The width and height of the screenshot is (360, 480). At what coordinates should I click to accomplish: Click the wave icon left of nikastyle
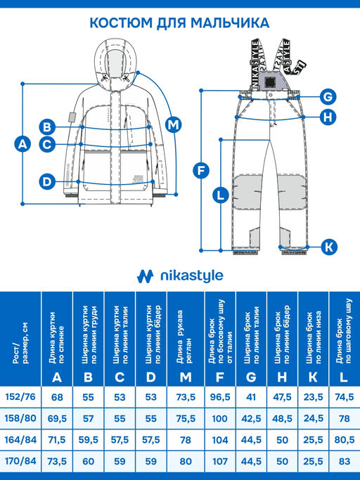[x=146, y=275]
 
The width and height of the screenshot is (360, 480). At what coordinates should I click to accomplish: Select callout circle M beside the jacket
[x=173, y=124]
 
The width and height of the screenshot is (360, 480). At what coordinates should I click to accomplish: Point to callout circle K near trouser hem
[x=329, y=247]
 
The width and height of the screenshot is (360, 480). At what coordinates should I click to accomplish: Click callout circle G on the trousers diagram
[x=327, y=96]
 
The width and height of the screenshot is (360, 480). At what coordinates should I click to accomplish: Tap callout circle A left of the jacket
[x=22, y=145]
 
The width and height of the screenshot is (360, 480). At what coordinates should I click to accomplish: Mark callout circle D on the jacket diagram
[x=47, y=181]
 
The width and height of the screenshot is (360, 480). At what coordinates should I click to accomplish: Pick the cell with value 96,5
[x=217, y=396]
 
